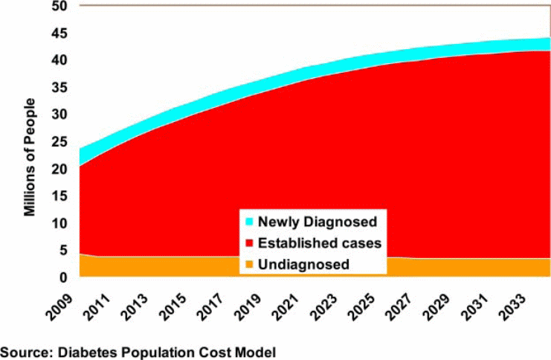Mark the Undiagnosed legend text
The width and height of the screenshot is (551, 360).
(x=306, y=264)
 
